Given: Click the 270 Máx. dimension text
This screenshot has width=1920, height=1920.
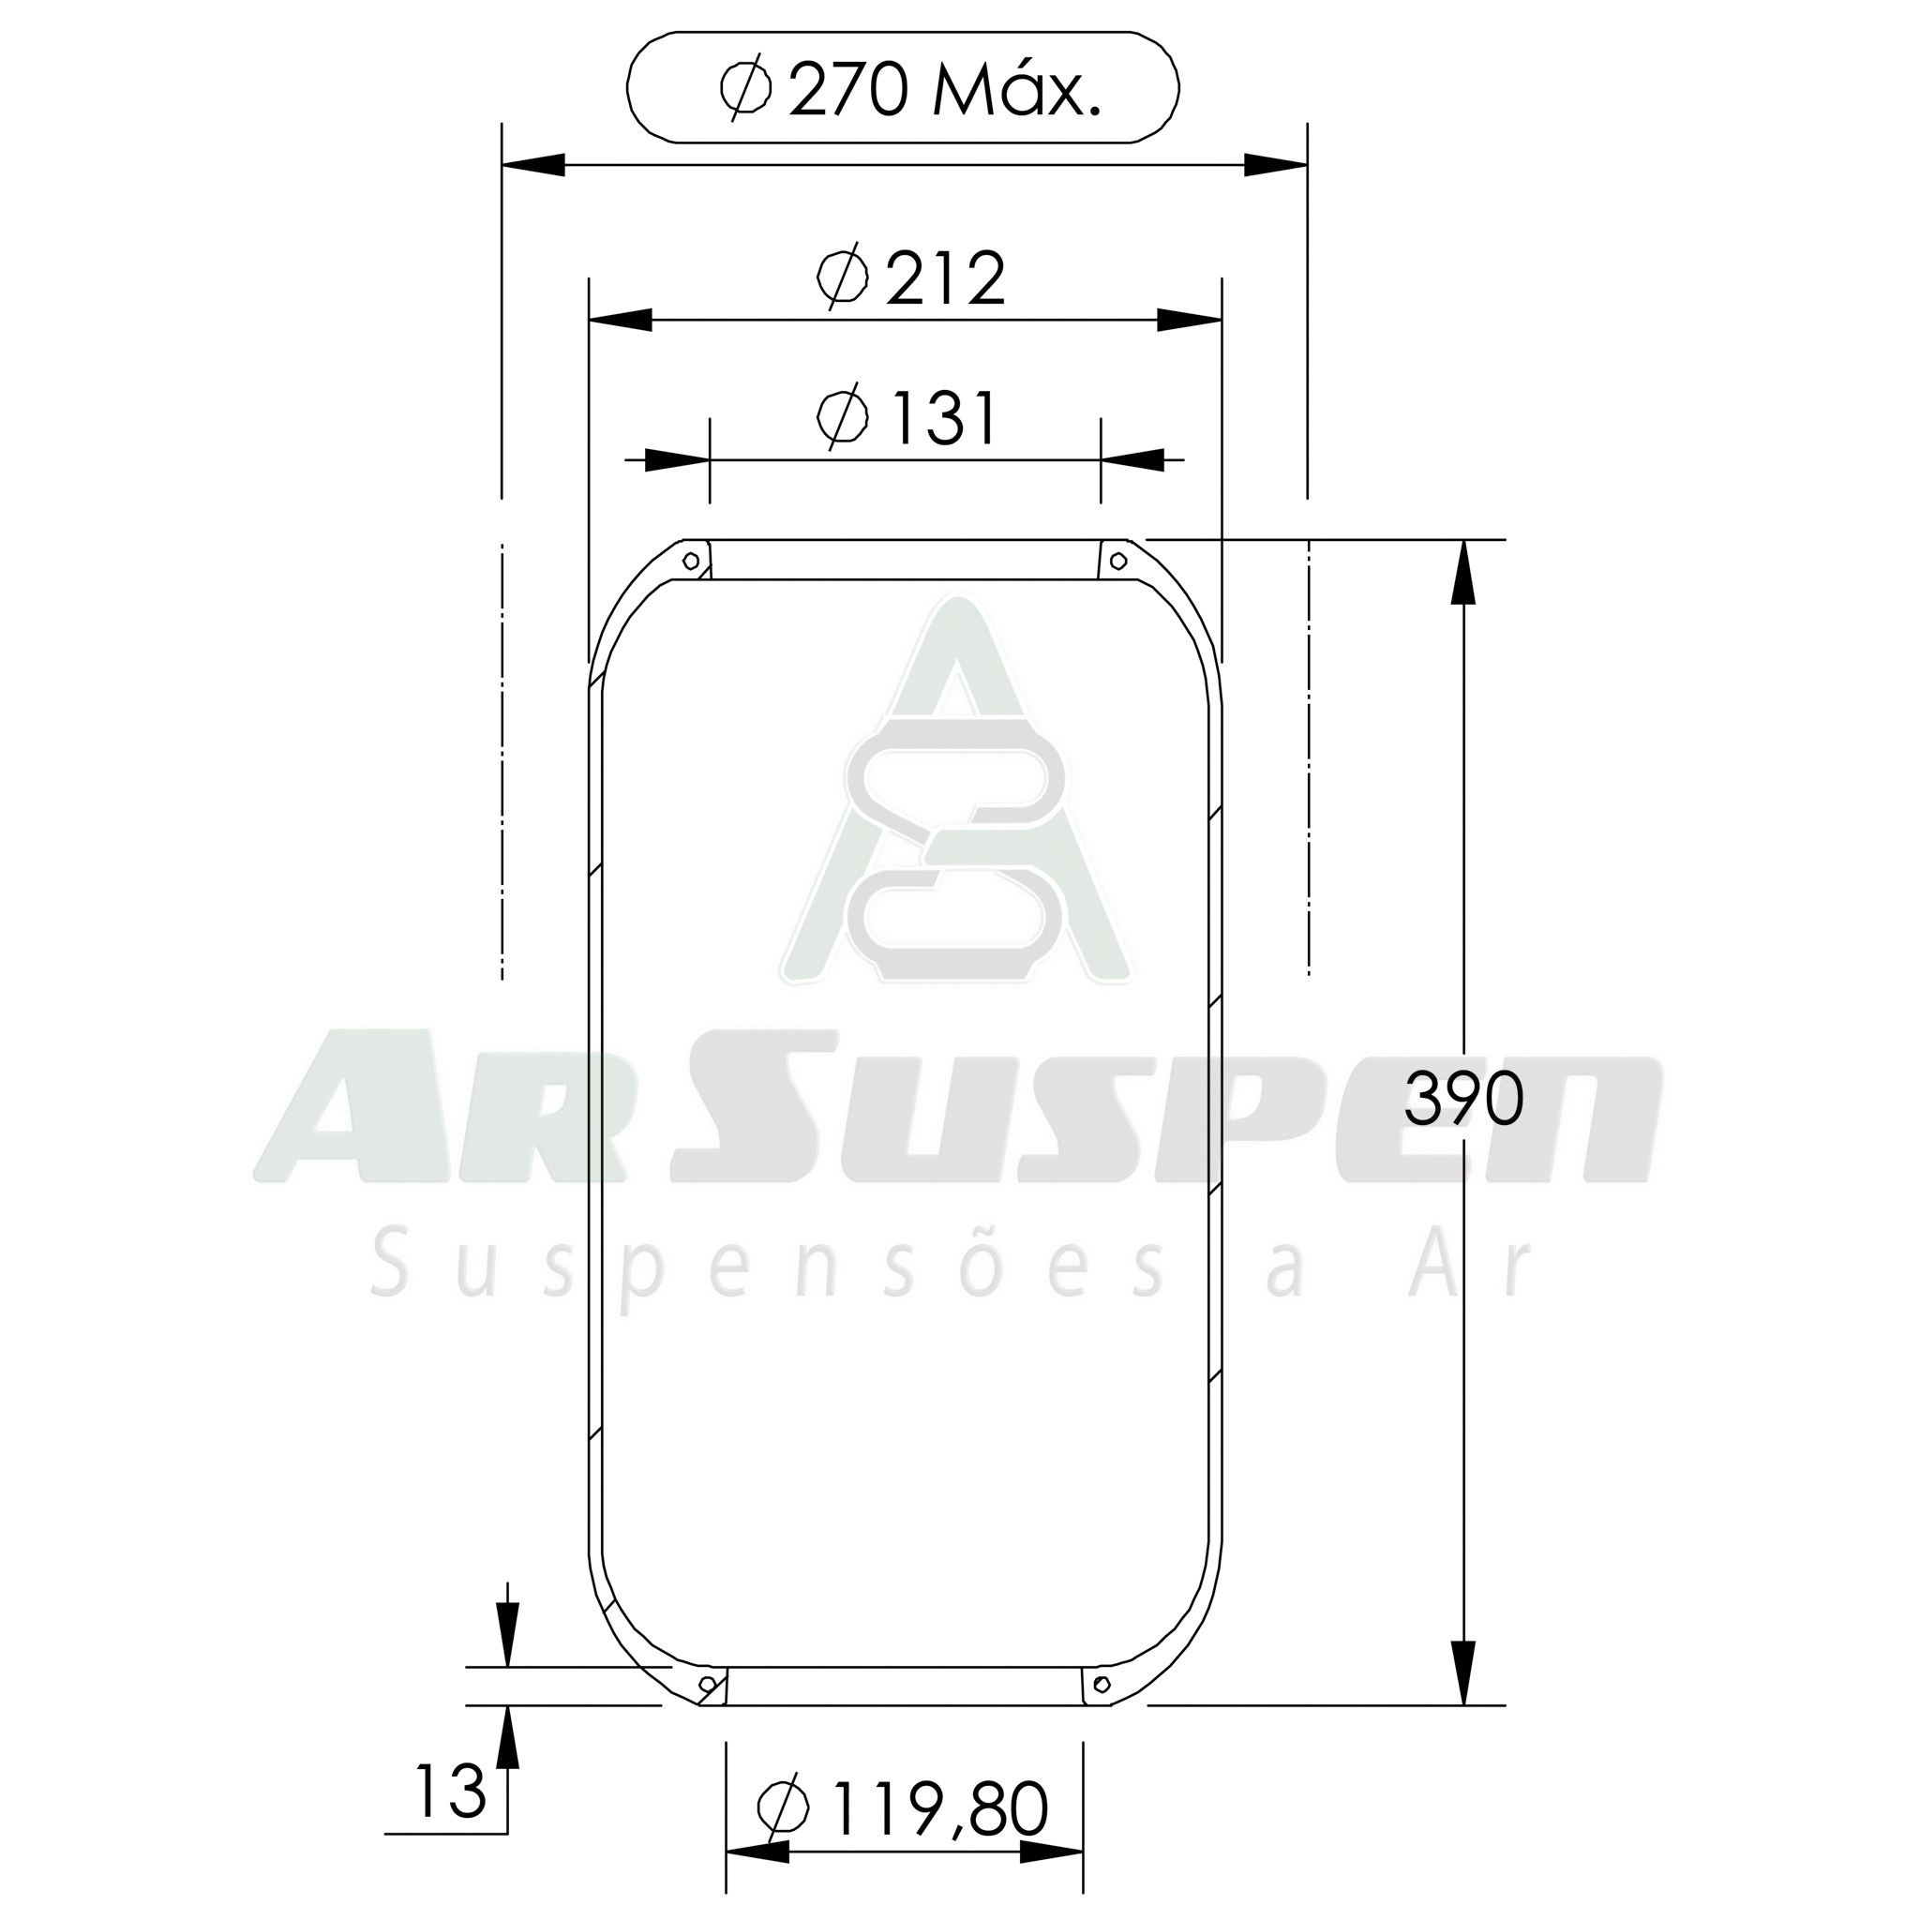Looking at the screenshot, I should point(944,90).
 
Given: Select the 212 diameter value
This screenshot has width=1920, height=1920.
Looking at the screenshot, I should point(945,279).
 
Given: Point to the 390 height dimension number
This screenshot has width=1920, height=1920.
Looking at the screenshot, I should point(1462,1099).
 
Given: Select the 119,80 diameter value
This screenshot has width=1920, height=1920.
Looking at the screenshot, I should point(940,1809).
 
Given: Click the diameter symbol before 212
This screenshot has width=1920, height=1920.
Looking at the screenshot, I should point(843,277).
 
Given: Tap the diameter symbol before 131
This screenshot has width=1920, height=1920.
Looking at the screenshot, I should point(843,416).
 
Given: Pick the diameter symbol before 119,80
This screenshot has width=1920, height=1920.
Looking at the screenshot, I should point(783,1807).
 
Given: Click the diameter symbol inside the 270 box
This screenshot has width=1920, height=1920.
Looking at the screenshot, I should point(745,87).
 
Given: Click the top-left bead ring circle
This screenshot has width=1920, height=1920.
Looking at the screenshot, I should point(691,562).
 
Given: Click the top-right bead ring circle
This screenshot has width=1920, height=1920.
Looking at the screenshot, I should point(1118,562).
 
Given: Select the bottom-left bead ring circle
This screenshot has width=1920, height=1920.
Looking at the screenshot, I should point(708,1684).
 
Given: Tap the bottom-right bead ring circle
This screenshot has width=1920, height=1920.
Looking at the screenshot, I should point(1102,1684).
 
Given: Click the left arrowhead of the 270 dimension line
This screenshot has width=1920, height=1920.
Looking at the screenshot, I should point(534,166).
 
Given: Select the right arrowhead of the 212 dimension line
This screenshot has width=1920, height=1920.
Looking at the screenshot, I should point(1189,320).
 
